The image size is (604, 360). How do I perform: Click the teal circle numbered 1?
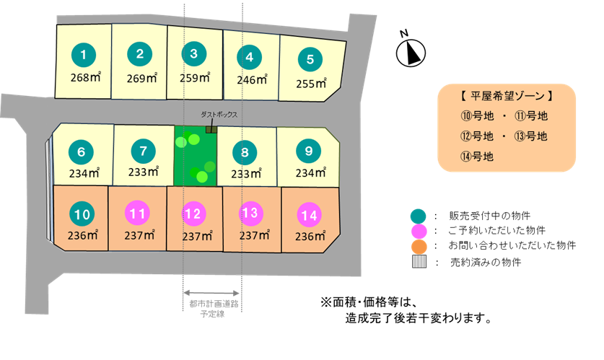(84, 55)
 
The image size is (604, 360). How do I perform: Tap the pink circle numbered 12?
(194, 214)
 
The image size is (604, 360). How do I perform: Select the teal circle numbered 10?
(82, 214)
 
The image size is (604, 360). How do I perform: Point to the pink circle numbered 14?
(310, 215)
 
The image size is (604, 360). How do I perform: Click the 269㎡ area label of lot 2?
(141, 78)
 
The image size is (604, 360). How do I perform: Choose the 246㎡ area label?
(252, 79)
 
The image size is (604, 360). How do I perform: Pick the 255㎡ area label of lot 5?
(311, 83)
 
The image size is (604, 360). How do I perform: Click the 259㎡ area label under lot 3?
(195, 78)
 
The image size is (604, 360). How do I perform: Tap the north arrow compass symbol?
(411, 53)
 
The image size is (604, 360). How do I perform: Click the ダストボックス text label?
(219, 115)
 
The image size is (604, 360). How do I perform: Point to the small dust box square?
(211, 130)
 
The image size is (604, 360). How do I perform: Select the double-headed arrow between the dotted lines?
(211, 293)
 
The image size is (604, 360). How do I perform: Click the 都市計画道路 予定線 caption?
(214, 309)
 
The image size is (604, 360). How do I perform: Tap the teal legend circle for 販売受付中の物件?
(419, 216)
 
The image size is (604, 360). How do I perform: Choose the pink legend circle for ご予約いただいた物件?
(419, 232)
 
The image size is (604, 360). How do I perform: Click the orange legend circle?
(419, 247)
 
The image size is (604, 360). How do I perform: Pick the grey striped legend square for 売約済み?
(419, 262)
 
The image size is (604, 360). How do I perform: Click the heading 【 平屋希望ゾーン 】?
(507, 96)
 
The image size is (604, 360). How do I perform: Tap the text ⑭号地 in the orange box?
(477, 157)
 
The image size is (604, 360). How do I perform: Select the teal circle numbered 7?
(144, 151)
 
